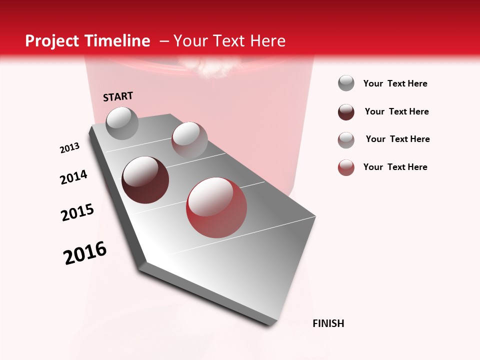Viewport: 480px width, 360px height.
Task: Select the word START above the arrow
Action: coord(118,96)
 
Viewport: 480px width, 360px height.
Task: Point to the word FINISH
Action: coord(328,323)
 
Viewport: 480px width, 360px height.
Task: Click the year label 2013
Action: coord(69,148)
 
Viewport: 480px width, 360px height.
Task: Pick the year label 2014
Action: coord(73,177)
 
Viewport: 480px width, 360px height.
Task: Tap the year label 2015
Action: coord(77,212)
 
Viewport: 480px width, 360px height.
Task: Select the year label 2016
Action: coord(85,253)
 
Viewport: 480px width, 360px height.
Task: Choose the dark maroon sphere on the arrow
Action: coord(145,180)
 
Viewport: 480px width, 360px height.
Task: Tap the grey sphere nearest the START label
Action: coord(122,123)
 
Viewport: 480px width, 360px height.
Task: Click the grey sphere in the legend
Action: coord(346,83)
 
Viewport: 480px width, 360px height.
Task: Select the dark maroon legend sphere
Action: coord(346,111)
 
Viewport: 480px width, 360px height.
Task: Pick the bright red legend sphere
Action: coord(346,167)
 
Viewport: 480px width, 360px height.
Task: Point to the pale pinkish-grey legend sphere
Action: coord(346,139)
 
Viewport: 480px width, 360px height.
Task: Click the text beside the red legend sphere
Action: coord(395,167)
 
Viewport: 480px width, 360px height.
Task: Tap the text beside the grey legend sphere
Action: coord(395,83)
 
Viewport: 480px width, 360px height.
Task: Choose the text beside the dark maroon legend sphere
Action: coord(396,111)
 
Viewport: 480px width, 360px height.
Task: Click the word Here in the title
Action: coord(267,41)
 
